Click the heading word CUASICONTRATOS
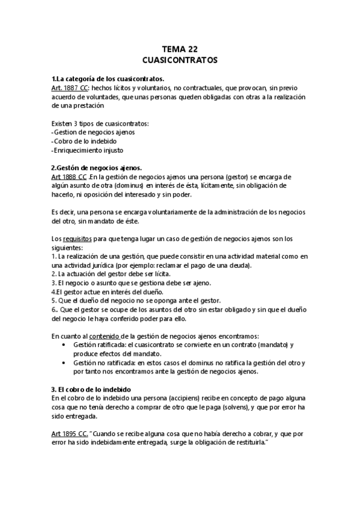click(x=180, y=61)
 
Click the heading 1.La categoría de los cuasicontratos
click(x=108, y=79)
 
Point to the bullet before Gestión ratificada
click(x=65, y=345)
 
